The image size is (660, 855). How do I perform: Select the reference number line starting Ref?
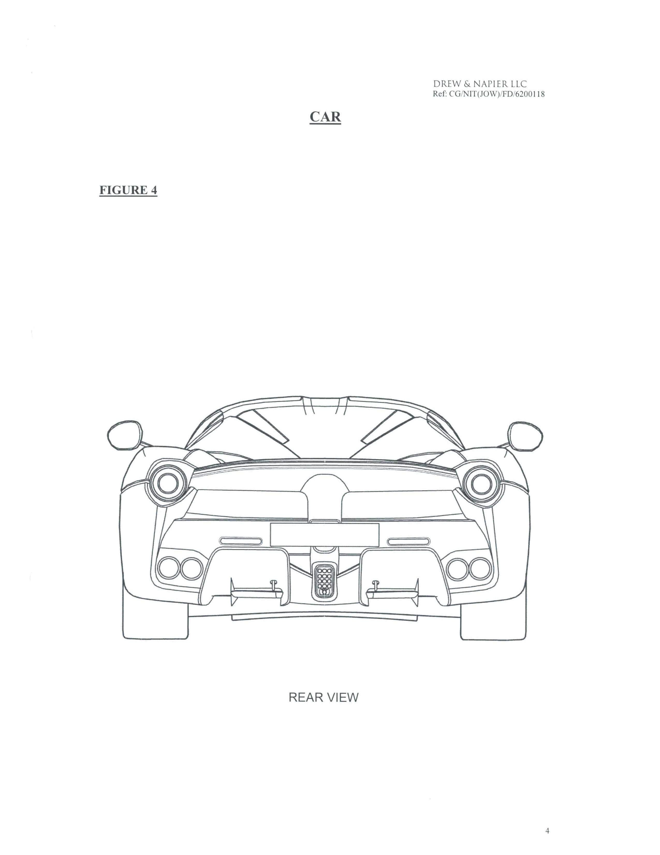coord(489,94)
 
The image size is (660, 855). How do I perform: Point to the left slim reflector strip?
coord(241,541)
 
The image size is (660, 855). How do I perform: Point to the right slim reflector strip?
coord(408,541)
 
